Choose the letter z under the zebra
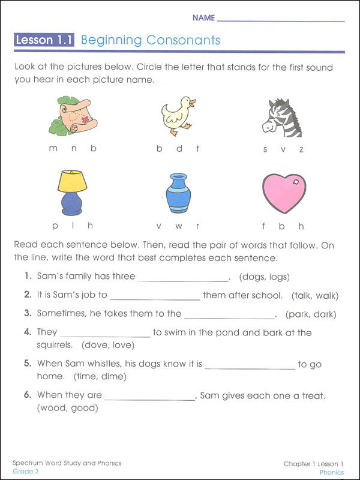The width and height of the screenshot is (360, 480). point(301,149)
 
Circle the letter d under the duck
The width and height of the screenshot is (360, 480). point(179,148)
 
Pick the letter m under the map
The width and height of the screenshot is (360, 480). point(53,148)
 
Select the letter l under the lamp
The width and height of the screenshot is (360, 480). point(73,226)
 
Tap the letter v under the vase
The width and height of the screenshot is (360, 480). point(159,226)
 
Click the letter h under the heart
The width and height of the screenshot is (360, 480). point(301,226)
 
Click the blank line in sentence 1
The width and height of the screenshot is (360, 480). point(183,278)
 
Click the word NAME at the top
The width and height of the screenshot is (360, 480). point(203,18)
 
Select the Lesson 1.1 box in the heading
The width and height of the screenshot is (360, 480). point(44,41)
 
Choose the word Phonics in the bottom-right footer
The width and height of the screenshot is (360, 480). point(332,472)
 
